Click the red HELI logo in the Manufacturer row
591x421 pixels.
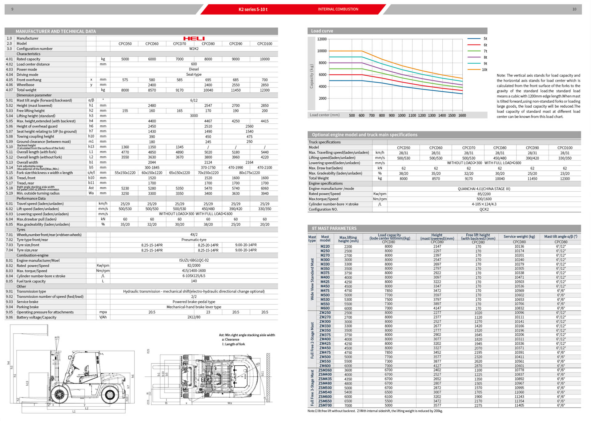point(194,38)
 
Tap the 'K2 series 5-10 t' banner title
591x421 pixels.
point(253,9)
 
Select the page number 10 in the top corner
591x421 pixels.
point(574,9)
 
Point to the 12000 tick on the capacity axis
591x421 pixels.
point(322,39)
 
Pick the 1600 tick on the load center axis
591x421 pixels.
point(462,115)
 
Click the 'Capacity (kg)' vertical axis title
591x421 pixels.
point(312,76)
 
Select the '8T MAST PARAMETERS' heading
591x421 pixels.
point(334,228)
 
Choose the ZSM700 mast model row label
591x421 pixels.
point(325,405)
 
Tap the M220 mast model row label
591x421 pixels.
point(325,246)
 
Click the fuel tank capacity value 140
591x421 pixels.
point(194,281)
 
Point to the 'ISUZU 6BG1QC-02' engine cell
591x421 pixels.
point(194,260)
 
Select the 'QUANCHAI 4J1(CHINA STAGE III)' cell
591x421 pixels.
point(484,189)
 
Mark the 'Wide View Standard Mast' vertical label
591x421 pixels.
point(312,279)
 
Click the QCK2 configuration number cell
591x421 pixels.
point(484,209)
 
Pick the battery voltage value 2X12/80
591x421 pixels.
point(194,317)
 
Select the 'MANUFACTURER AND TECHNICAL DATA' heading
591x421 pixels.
point(56,31)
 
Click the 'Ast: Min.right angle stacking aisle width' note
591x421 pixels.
point(247,335)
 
